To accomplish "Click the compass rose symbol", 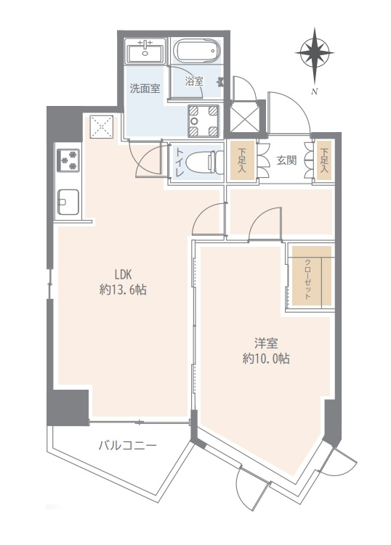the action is point(315,54).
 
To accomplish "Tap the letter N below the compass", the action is point(315,91).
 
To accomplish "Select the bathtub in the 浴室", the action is point(196,50).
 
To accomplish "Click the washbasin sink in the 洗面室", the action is point(145,51).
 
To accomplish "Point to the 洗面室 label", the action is point(145,89).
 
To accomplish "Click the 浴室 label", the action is point(193,82).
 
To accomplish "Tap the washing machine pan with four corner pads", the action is point(203,121).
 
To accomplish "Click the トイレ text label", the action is point(179,163).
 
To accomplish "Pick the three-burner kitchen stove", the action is point(68,160).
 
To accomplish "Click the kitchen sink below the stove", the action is point(68,202).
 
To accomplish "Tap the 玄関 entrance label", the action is point(286,160).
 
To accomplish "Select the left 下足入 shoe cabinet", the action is point(242,160).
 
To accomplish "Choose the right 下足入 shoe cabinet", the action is point(324,160).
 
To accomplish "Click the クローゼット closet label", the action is point(307,279).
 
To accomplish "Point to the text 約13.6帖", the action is point(123,290).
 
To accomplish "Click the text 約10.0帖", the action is point(266,358).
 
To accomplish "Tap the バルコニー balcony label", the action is point(127,446).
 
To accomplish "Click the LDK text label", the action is point(124,274).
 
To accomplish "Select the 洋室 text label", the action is point(266,343).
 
